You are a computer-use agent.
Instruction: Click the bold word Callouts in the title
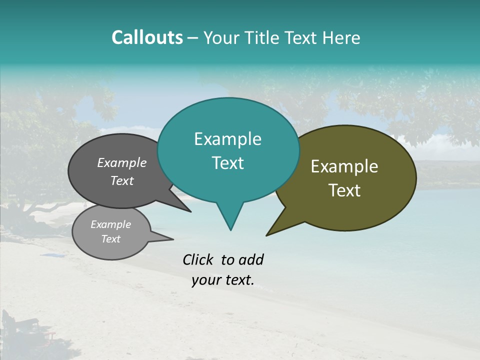tap(147, 37)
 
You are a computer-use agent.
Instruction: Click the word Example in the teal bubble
tap(227, 139)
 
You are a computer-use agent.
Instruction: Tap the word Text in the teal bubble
tap(227, 163)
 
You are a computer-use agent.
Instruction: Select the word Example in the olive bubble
tap(344, 166)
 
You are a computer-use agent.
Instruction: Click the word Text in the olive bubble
tap(344, 190)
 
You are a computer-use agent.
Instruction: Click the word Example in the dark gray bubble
tap(121, 162)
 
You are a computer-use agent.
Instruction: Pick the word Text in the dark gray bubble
tap(121, 180)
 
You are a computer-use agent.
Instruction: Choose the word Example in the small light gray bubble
tap(110, 224)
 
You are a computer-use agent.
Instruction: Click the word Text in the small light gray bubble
tap(110, 239)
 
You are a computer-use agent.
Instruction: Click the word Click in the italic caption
tap(198, 259)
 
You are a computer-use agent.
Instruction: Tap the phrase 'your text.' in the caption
tap(223, 280)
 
